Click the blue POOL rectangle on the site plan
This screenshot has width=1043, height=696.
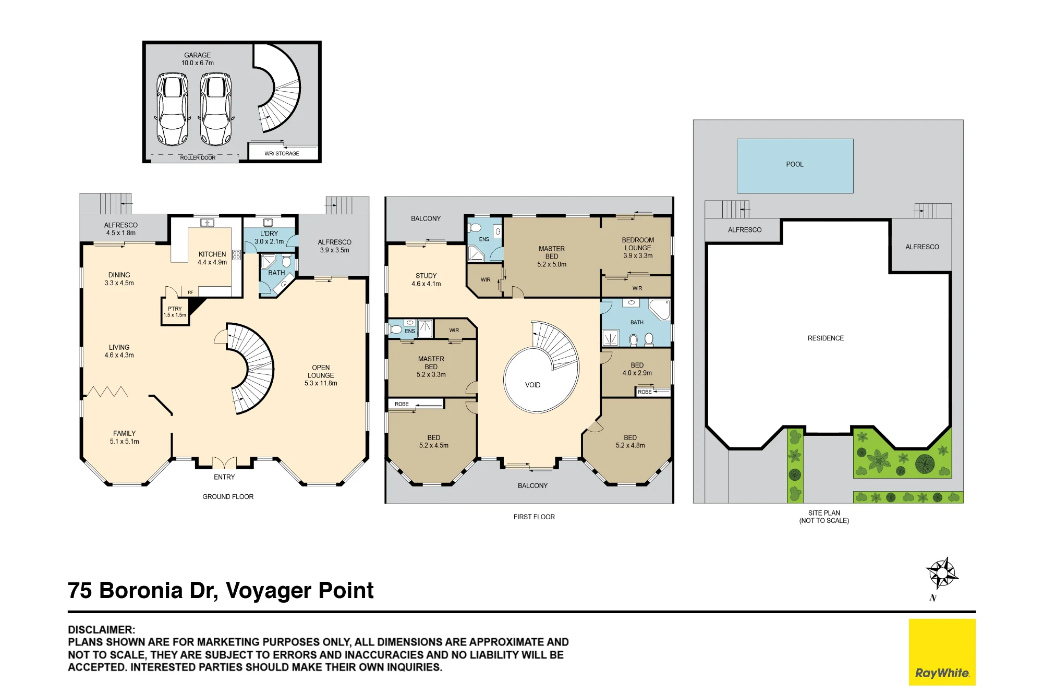point(795,166)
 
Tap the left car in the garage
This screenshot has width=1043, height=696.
point(173,109)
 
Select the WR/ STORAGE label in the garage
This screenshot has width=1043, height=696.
point(282,153)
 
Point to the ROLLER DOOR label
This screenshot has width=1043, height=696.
point(198,157)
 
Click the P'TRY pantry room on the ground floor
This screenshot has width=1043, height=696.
point(175,312)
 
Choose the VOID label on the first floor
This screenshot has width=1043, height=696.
point(532,385)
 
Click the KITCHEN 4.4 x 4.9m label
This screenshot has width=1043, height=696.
point(212,258)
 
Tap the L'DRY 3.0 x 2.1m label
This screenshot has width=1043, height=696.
point(269,238)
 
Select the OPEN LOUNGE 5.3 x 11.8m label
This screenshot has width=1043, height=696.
point(321,375)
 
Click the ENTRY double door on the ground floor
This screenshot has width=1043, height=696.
point(224,462)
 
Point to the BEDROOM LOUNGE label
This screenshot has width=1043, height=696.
point(638,244)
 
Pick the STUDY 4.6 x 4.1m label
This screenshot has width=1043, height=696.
point(426,280)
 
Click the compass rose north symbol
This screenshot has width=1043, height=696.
point(942,573)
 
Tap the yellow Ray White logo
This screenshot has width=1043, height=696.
point(942,652)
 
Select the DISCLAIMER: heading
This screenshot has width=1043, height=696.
point(101,629)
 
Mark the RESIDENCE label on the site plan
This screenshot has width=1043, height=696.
point(826,338)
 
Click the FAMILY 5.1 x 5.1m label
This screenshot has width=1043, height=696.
point(124,437)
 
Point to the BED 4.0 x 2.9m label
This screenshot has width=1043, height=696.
point(637,369)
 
